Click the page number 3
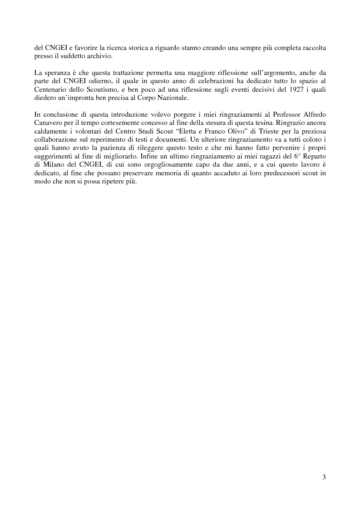point(324,477)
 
